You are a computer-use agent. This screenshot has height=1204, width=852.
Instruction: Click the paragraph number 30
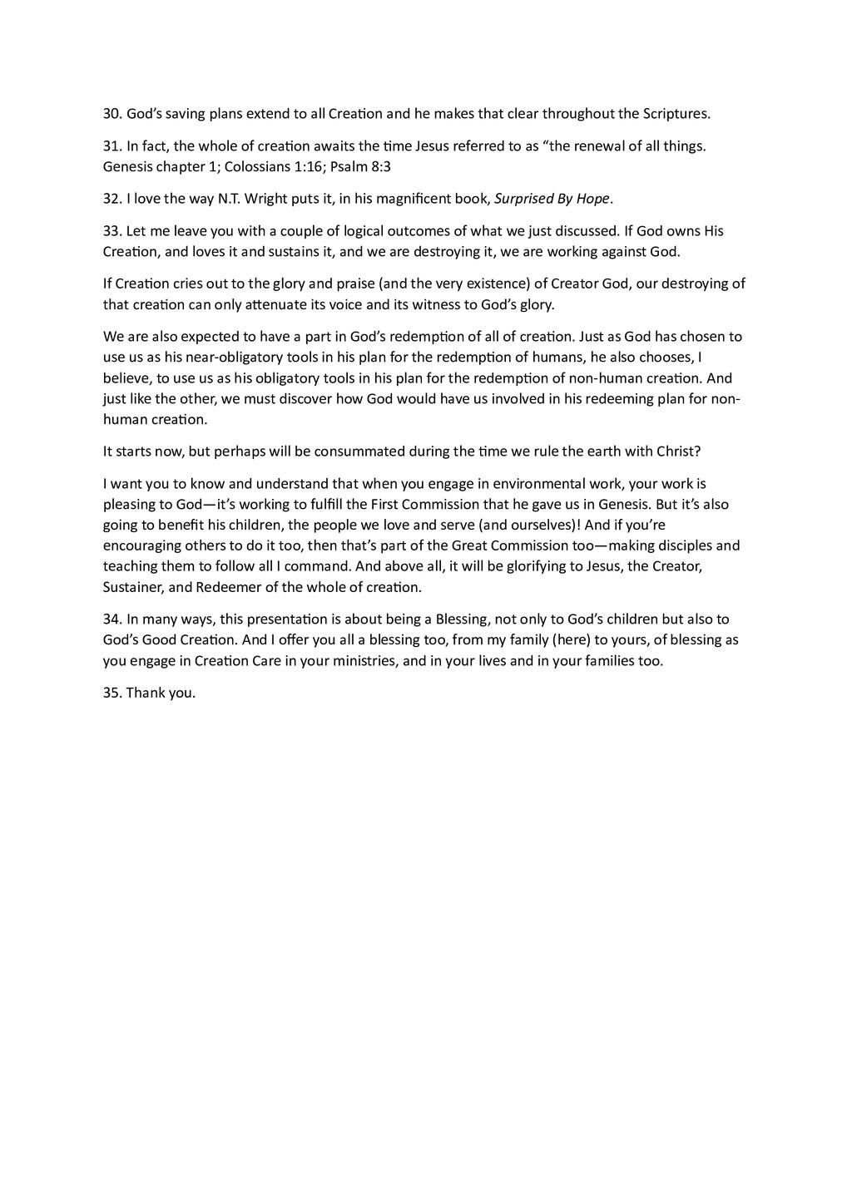[x=111, y=114]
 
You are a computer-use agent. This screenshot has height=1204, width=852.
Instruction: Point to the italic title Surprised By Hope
[x=552, y=199]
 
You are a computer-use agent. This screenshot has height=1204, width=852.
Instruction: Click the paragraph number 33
[x=111, y=231]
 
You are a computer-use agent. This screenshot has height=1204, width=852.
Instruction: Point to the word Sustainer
[x=131, y=588]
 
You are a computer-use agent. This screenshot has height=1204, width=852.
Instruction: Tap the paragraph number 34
[x=111, y=619]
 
